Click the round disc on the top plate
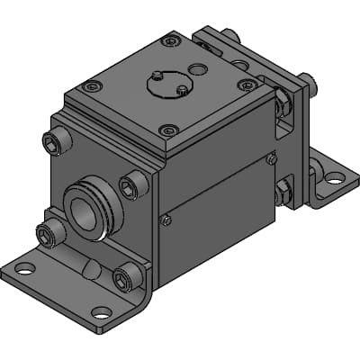pyautogui.click(x=167, y=85)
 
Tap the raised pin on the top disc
pyautogui.click(x=157, y=75)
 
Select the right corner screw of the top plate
pyautogui.click(x=246, y=85)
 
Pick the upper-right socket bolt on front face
pyautogui.click(x=131, y=185)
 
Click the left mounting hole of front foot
pyautogui.click(x=24, y=267)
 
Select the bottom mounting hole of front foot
pyautogui.click(x=101, y=313)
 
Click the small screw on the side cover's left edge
pyautogui.click(x=165, y=219)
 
